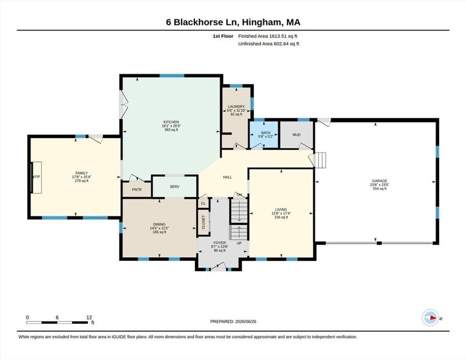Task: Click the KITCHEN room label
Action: (x=171, y=122)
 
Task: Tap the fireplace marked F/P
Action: (x=36, y=177)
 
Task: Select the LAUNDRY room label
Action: (x=236, y=106)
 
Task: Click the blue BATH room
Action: (x=264, y=135)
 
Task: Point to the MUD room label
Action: (x=296, y=135)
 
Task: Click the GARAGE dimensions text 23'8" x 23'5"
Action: (x=380, y=185)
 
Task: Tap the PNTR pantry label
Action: (x=137, y=190)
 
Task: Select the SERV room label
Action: (x=174, y=187)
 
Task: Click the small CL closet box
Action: (x=203, y=203)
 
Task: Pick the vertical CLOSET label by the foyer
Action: (x=203, y=222)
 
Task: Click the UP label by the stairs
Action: (x=239, y=243)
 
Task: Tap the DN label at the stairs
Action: (x=239, y=195)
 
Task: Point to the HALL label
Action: (x=228, y=177)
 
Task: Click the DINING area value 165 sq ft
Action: (x=159, y=232)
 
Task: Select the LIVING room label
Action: (x=281, y=209)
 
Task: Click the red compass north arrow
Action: (x=434, y=318)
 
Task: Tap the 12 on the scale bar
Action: (x=89, y=317)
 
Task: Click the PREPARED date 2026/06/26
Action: (x=245, y=321)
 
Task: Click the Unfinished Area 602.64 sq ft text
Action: (x=268, y=44)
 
